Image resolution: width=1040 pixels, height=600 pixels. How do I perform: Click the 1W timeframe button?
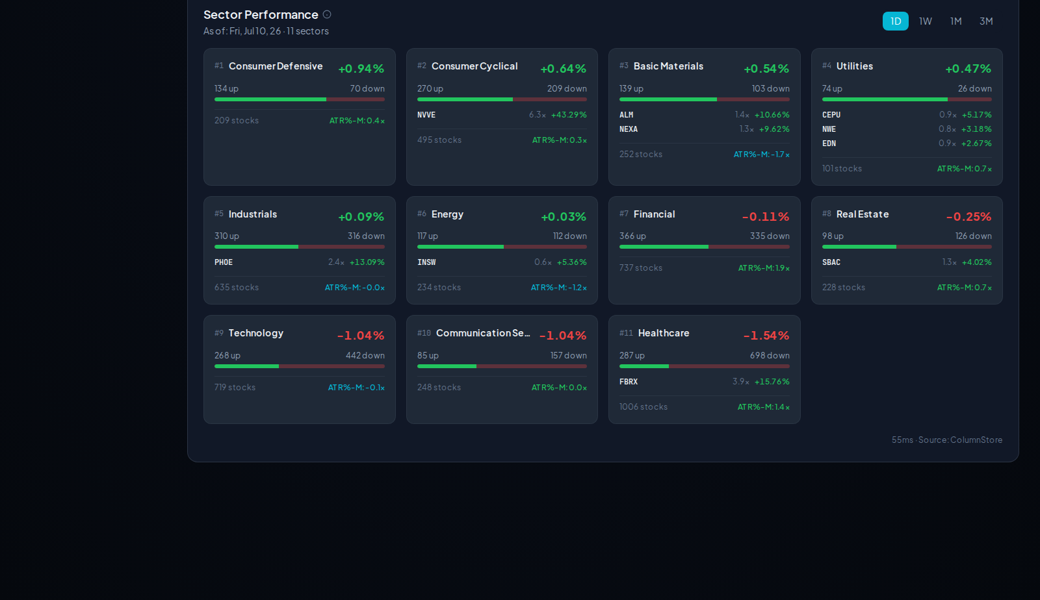pyautogui.click(x=926, y=21)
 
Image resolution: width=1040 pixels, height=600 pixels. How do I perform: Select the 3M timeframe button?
pyautogui.click(x=986, y=21)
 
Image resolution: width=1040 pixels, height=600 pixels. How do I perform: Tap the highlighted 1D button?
pyautogui.click(x=896, y=21)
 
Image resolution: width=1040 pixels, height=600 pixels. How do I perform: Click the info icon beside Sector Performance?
pyautogui.click(x=327, y=14)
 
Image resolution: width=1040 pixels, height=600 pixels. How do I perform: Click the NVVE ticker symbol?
pyautogui.click(x=426, y=115)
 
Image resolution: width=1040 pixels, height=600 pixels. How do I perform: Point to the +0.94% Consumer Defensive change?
pyautogui.click(x=361, y=69)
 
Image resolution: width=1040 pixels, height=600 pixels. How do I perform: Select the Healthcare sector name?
pyautogui.click(x=664, y=333)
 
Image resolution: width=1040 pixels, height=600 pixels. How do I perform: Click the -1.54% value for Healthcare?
pyautogui.click(x=766, y=335)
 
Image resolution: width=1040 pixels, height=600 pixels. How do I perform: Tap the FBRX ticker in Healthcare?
pyautogui.click(x=629, y=382)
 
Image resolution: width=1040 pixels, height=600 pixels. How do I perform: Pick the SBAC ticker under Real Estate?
pyautogui.click(x=831, y=262)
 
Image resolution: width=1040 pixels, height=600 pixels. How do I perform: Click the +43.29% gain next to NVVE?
pyautogui.click(x=569, y=114)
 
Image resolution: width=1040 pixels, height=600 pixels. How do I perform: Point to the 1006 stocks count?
pyautogui.click(x=643, y=406)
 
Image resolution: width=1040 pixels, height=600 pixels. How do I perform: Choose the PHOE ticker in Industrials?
pyautogui.click(x=224, y=262)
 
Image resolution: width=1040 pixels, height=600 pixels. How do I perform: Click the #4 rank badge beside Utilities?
pyautogui.click(x=826, y=66)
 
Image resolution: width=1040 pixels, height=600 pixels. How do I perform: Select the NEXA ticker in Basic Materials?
pyautogui.click(x=629, y=129)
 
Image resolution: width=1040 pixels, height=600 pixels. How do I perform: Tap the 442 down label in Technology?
pyautogui.click(x=365, y=355)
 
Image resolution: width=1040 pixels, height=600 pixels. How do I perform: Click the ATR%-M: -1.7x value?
pyautogui.click(x=761, y=155)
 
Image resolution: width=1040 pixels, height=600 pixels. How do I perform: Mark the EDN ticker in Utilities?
pyautogui.click(x=829, y=144)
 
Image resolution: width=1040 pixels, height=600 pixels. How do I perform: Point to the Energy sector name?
pyautogui.click(x=447, y=214)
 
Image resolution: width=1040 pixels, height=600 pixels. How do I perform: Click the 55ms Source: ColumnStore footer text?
pyautogui.click(x=947, y=440)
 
